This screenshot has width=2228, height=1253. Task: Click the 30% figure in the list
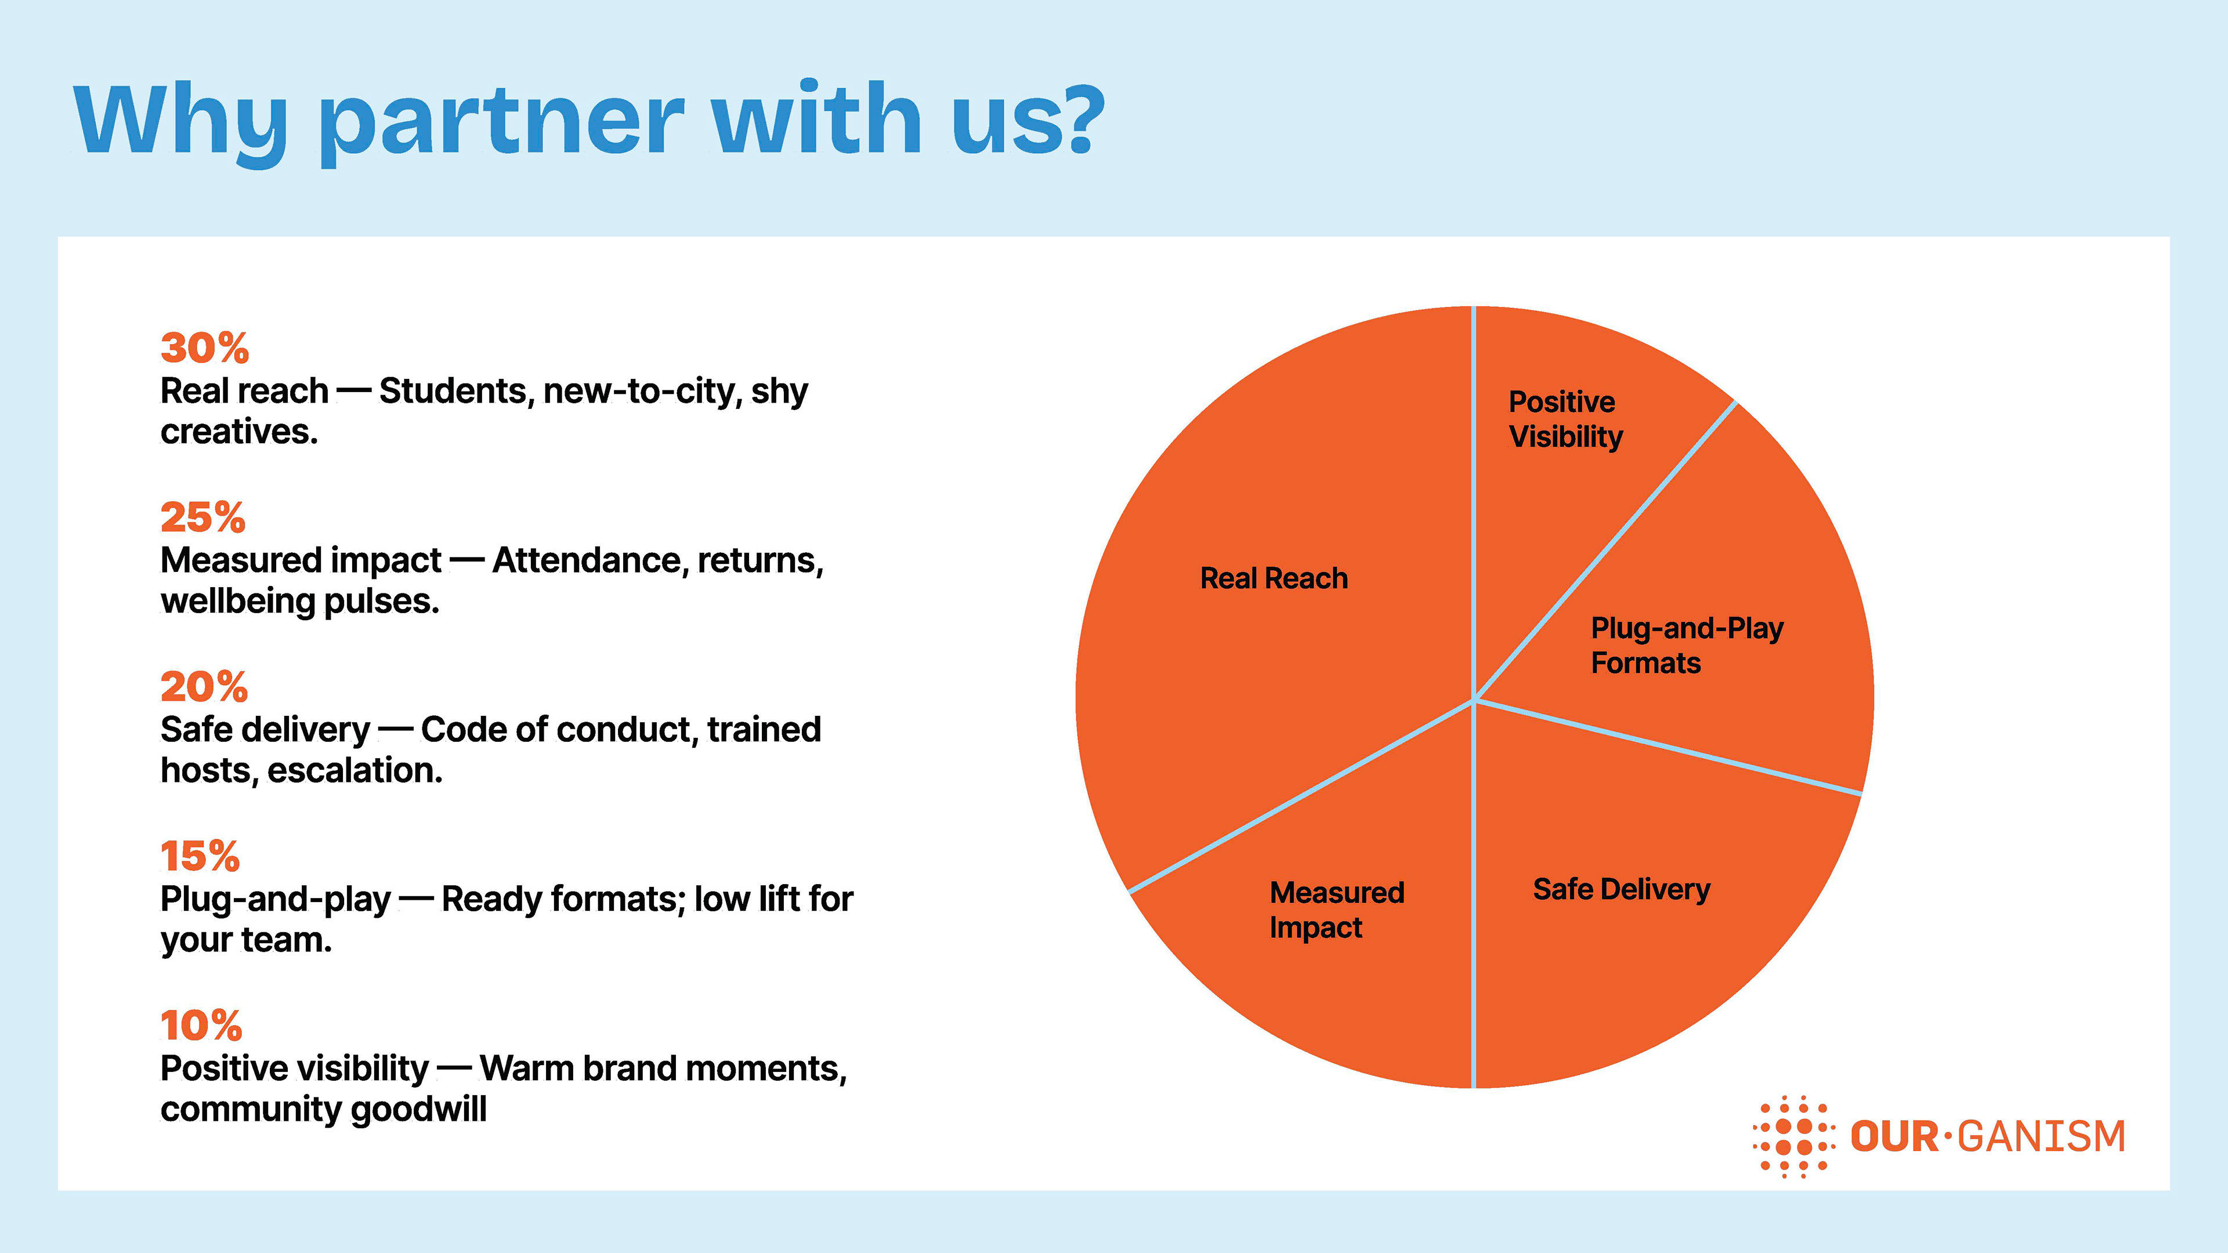click(x=205, y=349)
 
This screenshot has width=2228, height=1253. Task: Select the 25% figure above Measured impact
click(x=203, y=518)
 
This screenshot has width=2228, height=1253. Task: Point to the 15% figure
click(x=200, y=857)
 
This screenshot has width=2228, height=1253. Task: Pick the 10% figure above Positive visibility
click(x=201, y=1026)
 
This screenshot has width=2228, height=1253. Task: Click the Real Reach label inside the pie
click(x=1273, y=578)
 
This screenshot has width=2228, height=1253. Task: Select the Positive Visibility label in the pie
click(x=1565, y=419)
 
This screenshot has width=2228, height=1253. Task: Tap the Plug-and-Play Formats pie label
click(x=1687, y=645)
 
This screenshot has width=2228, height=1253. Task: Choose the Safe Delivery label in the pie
click(x=1621, y=890)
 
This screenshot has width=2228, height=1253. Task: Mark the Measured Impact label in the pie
click(x=1336, y=910)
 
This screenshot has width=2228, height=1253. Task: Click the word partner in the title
click(x=502, y=121)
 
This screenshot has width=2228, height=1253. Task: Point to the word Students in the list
click(x=453, y=392)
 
